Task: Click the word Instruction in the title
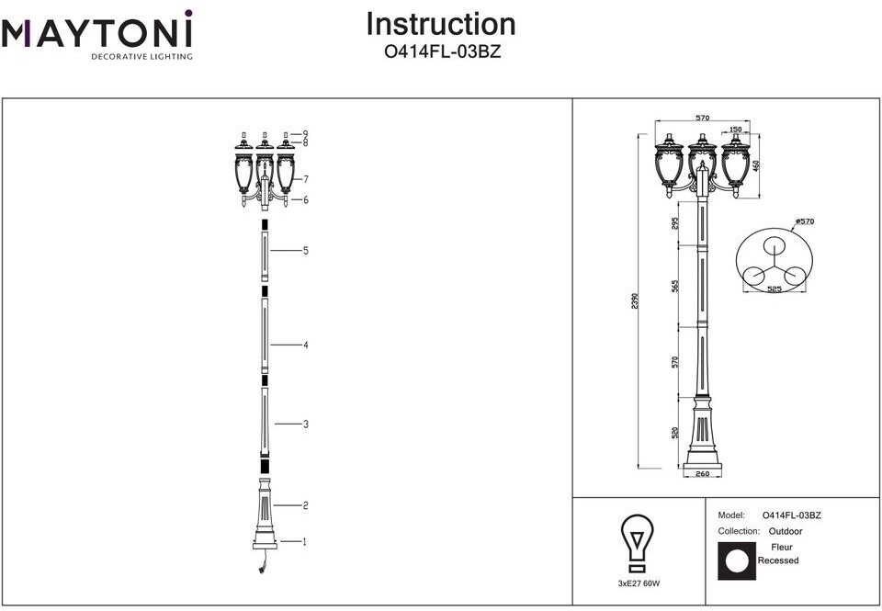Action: tap(441, 25)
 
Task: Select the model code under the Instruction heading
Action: tap(442, 52)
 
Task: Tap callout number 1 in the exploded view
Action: tap(304, 542)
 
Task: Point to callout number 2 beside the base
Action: tap(304, 505)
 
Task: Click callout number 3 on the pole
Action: tap(304, 424)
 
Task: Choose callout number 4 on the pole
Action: tap(304, 345)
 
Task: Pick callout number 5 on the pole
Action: tap(304, 250)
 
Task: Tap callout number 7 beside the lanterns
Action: tap(304, 179)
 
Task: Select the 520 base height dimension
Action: tap(676, 432)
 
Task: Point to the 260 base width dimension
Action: tap(703, 475)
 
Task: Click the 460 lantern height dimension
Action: tap(756, 166)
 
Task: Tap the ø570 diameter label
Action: tap(805, 221)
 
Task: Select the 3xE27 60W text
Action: tap(639, 583)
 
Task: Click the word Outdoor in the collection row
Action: tap(786, 531)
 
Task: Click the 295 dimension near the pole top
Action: tap(676, 224)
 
